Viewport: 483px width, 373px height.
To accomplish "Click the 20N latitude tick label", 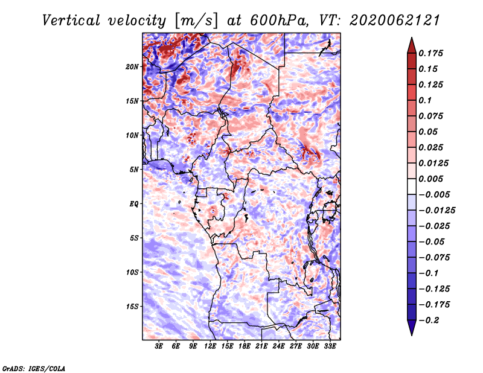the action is [x=132, y=67].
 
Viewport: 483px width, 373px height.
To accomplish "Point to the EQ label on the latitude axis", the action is [x=133, y=204].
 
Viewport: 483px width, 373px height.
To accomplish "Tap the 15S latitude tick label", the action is [x=132, y=307].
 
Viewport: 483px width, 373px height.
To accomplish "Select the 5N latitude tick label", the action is [x=134, y=170].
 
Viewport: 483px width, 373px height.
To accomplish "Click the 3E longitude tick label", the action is [x=159, y=346].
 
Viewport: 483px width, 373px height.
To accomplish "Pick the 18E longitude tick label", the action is [x=245, y=346].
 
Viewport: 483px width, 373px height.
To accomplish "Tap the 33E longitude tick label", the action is [x=330, y=346].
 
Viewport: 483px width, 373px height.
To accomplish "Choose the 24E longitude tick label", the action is [x=278, y=346].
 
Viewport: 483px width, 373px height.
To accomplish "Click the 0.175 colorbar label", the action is [x=430, y=53].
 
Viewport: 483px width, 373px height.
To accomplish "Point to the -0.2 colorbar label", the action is [x=429, y=320].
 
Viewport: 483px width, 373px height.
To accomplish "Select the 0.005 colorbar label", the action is [x=430, y=179].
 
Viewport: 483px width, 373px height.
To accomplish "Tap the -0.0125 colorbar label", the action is [x=437, y=211].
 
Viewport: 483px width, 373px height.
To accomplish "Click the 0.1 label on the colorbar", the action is [x=425, y=100].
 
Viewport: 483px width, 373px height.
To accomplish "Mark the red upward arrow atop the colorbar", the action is [x=412, y=45].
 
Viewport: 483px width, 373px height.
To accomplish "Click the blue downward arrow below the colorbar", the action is [x=412, y=328].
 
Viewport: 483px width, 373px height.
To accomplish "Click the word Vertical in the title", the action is [x=71, y=21].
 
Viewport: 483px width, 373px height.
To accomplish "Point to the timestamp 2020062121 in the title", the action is [x=395, y=21].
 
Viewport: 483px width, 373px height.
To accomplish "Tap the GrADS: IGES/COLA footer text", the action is [x=34, y=369].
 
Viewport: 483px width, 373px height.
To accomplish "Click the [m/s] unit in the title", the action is [x=196, y=21].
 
